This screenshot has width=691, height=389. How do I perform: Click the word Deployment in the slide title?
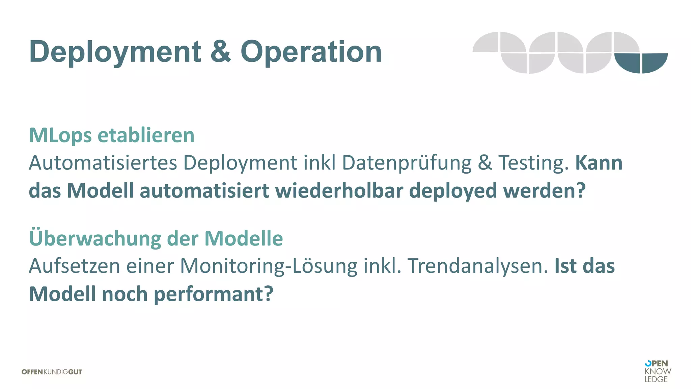click(x=115, y=52)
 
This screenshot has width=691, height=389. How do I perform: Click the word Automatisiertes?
click(x=103, y=163)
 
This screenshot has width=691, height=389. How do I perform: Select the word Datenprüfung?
click(x=407, y=163)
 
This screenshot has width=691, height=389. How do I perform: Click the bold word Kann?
click(x=599, y=163)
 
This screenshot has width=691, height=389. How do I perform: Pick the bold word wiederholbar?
click(x=339, y=191)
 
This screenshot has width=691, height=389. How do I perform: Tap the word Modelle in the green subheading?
click(x=244, y=238)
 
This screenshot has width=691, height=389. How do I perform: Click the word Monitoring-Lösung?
click(x=269, y=266)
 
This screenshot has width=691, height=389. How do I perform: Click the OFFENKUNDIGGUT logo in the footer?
click(x=52, y=372)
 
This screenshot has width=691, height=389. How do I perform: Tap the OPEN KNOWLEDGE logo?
click(x=657, y=371)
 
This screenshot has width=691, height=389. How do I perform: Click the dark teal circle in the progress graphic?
click(x=641, y=63)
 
